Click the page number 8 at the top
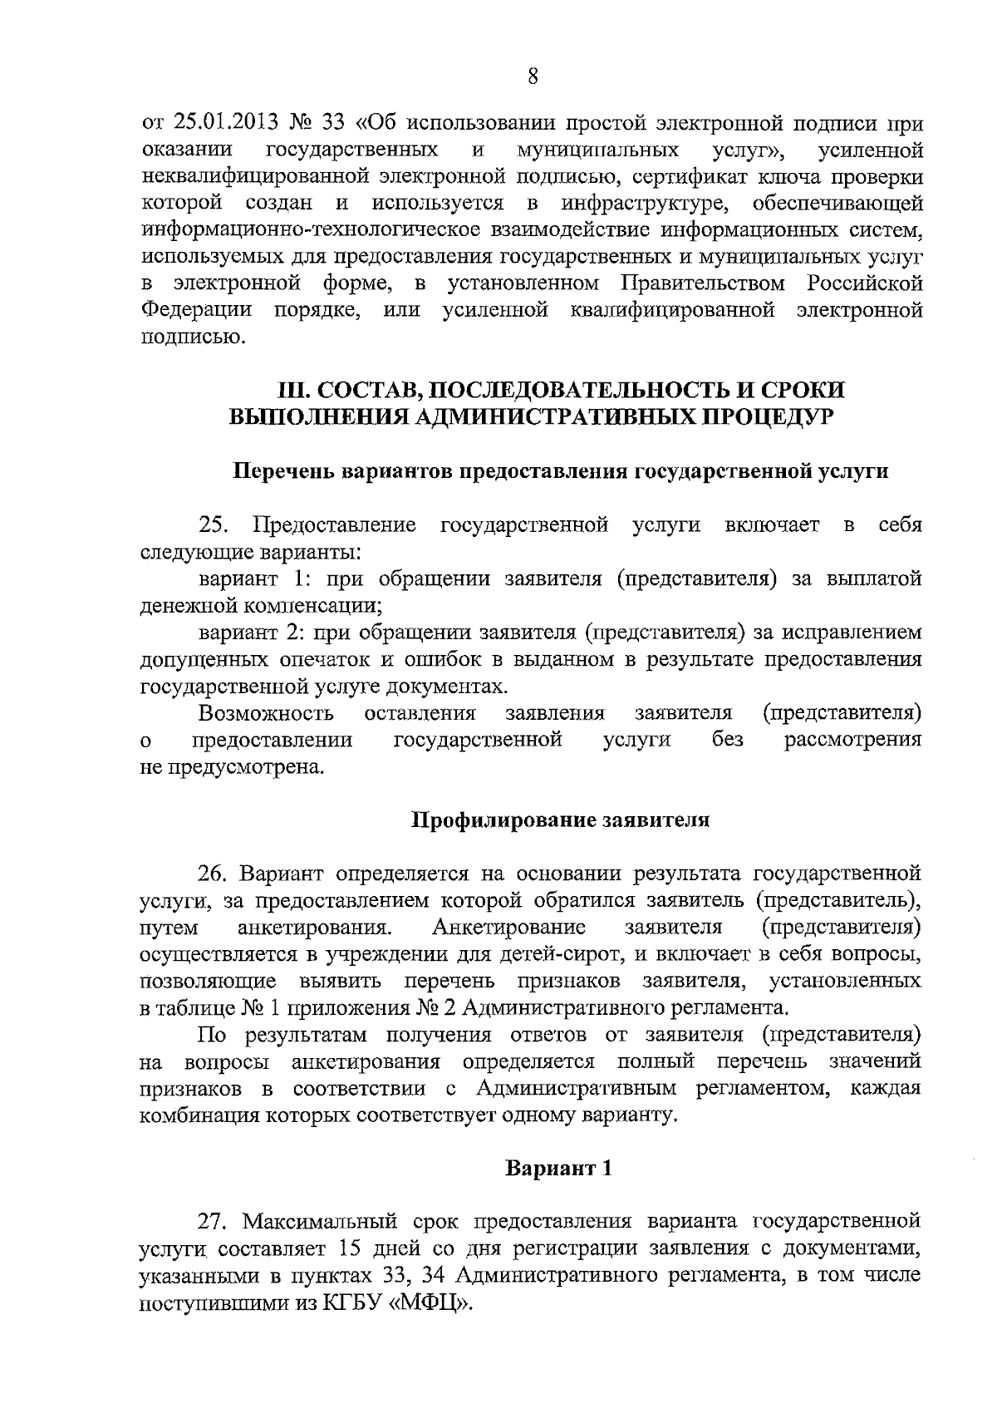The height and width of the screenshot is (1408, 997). point(533,76)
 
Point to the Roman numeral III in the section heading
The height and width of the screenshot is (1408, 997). point(292,390)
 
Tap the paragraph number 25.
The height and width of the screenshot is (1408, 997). point(214,525)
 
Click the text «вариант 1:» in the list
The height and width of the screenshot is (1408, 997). point(245,578)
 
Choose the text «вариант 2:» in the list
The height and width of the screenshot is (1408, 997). point(246,633)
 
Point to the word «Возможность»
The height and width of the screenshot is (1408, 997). point(266,713)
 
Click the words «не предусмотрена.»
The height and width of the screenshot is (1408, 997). point(232,767)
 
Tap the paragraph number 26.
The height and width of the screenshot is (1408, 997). point(213,874)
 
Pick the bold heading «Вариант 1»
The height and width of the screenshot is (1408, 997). point(560,1168)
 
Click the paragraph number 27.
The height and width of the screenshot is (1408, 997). point(213,1222)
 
